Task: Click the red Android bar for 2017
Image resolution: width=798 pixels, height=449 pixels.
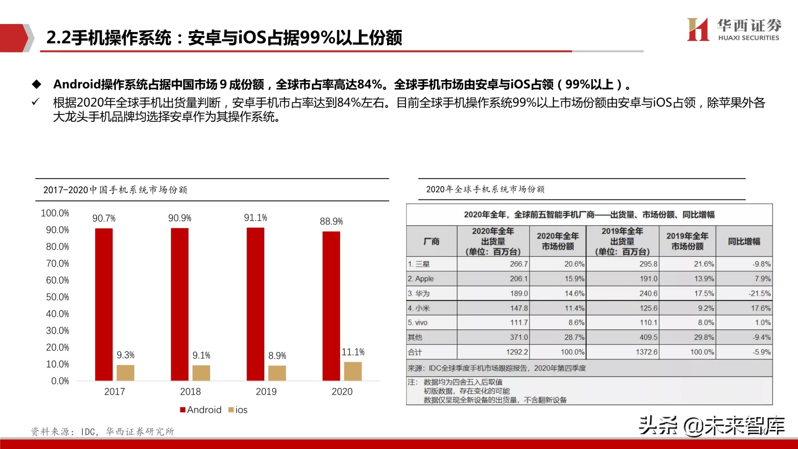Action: point(104,304)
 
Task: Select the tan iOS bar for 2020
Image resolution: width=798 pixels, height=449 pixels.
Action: point(353,371)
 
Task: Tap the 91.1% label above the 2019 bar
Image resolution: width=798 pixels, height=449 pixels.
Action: point(255,218)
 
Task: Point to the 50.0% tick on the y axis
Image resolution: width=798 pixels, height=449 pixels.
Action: point(57,297)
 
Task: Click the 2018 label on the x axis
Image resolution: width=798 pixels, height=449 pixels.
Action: point(190,392)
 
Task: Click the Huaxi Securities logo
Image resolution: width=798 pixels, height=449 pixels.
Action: point(733,30)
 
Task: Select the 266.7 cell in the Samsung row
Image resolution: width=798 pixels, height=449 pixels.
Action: point(518,264)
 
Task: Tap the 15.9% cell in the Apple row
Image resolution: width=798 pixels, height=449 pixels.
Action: point(574,279)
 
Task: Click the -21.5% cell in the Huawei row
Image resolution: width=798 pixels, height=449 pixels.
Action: point(759,293)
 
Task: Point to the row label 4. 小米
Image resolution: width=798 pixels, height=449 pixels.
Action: point(419,308)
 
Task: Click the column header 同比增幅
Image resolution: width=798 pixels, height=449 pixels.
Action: point(744,241)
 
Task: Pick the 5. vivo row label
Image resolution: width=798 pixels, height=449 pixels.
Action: point(417,322)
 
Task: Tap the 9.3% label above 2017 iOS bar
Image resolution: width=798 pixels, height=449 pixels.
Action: point(125,355)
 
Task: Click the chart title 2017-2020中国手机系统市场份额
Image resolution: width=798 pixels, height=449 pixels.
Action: point(115,190)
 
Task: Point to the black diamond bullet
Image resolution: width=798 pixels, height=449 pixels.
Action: point(37,84)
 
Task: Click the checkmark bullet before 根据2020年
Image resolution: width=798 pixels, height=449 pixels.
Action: point(36,102)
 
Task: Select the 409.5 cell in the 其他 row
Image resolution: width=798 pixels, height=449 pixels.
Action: point(648,337)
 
